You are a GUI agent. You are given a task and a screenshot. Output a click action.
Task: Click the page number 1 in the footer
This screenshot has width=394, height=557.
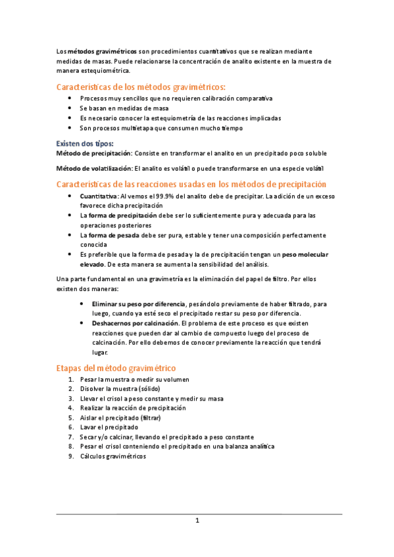(197, 521)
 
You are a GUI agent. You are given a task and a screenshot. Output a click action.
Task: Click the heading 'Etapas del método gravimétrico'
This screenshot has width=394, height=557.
(115, 368)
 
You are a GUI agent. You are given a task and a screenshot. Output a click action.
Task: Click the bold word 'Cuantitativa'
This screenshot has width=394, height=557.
(99, 196)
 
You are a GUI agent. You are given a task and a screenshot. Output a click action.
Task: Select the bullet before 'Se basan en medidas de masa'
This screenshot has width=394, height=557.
(70, 108)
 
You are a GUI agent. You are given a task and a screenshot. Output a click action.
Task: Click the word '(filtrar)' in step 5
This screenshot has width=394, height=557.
(152, 417)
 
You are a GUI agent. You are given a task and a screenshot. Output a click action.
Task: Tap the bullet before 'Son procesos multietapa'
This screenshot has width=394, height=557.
(70, 127)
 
